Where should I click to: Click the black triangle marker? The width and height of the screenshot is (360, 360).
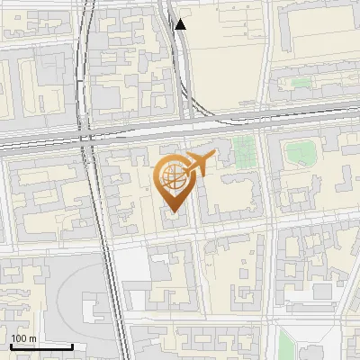(x=181, y=24)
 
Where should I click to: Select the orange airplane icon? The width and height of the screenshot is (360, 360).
(x=199, y=164)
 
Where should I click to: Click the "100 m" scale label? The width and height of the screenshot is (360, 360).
(x=24, y=337)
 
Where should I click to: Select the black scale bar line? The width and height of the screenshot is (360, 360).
(x=41, y=346)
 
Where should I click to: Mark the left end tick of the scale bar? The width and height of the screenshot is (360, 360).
(x=11, y=345)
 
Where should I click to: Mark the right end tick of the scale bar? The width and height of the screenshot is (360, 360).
(x=72, y=345)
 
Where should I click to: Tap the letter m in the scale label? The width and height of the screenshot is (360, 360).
(x=32, y=337)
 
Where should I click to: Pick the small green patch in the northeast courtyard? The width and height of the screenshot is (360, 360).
(x=301, y=83)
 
